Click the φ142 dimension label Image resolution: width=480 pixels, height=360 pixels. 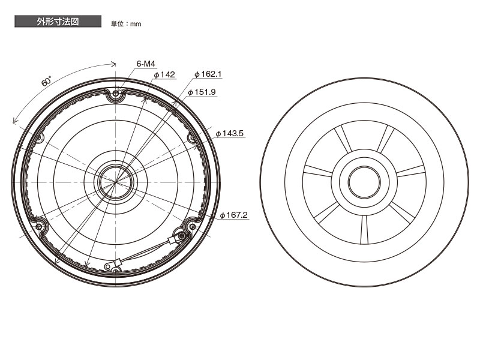(164, 74)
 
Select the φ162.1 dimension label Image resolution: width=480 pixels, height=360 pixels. (208, 74)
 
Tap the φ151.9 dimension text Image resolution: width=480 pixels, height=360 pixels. (202, 92)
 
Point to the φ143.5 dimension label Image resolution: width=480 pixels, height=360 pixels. (230, 133)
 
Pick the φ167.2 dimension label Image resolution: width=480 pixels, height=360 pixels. (234, 215)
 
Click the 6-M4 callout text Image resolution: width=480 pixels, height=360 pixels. (146, 64)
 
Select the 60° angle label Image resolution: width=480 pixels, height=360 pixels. (46, 82)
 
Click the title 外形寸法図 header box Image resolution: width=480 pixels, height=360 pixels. (58, 22)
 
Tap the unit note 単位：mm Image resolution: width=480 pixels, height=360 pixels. (126, 23)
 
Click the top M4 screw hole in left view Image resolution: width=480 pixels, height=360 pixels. (115, 94)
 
